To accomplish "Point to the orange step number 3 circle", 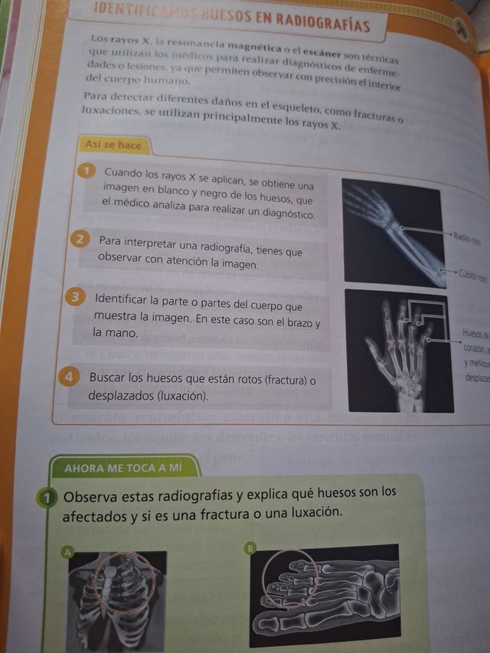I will (x=77, y=298).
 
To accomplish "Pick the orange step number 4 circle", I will (x=70, y=377).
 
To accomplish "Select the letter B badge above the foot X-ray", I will (x=250, y=547).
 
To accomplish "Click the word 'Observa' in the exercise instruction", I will (x=91, y=495).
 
